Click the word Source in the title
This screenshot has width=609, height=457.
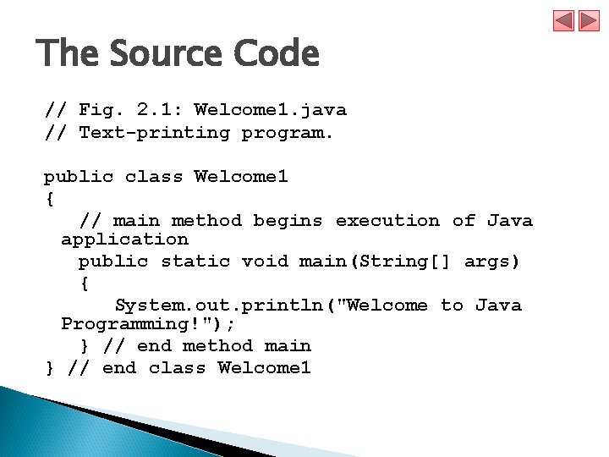coord(162,55)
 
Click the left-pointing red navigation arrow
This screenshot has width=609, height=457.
coord(564,20)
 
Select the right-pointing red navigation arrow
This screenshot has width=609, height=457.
coord(589,20)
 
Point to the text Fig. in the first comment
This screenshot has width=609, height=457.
coord(101,110)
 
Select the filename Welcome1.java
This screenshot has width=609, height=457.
coord(270,110)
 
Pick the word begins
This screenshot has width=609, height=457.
coord(288,221)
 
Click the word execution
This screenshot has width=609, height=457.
coord(387,221)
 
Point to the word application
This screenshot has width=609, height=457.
coord(124,240)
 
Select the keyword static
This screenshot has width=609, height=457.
coord(195,262)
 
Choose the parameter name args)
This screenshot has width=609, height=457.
coord(492,262)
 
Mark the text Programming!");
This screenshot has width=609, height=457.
coord(148,324)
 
